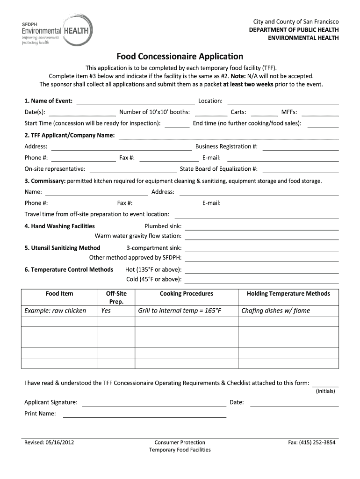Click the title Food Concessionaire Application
pyautogui.click(x=180, y=57)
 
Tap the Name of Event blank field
pyautogui.click(x=136, y=101)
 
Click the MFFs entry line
pyautogui.click(x=322, y=112)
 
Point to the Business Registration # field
pyautogui.click(x=300, y=147)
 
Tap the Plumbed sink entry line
pyautogui.click(x=262, y=226)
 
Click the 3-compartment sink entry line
pyautogui.click(x=262, y=248)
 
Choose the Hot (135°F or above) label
pyautogui.click(x=153, y=270)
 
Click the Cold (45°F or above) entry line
pyautogui.click(x=262, y=280)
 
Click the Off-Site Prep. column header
pyautogui.click(x=113, y=298)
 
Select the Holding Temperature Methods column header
pyautogui.click(x=288, y=294)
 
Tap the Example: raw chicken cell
pyautogui.click(x=55, y=311)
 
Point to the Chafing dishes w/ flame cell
pyautogui.click(x=275, y=311)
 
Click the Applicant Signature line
pyautogui.click(x=154, y=403)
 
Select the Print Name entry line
pyautogui.click(x=144, y=414)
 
